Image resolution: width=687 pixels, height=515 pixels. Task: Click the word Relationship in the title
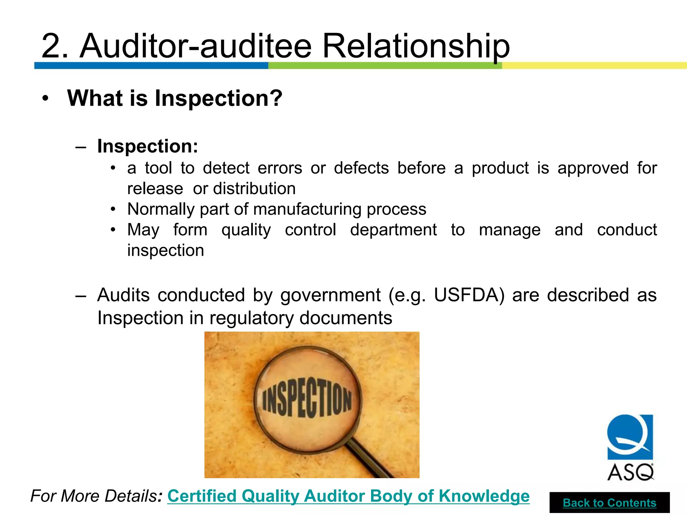click(416, 46)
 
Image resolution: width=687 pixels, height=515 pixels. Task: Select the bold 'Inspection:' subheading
click(148, 146)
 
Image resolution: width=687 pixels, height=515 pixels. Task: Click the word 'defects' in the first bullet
click(361, 168)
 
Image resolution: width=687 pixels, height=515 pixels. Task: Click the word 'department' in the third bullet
click(393, 230)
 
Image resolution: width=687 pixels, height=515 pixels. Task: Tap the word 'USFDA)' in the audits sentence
click(469, 295)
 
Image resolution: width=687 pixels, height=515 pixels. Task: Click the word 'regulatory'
click(251, 318)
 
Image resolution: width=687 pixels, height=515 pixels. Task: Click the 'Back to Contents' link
click(610, 503)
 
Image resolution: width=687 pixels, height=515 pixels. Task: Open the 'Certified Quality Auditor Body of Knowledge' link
click(348, 496)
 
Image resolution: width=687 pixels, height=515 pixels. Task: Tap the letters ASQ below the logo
click(630, 472)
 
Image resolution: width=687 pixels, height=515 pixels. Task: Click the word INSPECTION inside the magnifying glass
click(307, 399)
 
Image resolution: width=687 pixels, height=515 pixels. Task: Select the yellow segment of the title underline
click(594, 65)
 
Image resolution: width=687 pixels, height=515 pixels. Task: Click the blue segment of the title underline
click(151, 65)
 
